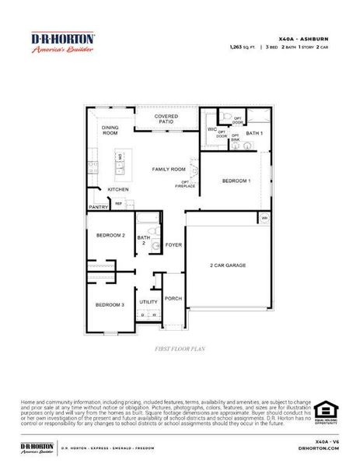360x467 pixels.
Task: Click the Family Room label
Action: click(169, 169)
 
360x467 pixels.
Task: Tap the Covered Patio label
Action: click(166, 119)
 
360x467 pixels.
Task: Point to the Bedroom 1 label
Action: click(236, 181)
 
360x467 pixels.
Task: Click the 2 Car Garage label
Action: click(228, 265)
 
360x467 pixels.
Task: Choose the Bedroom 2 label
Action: click(110, 235)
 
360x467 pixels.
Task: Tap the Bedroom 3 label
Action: click(110, 304)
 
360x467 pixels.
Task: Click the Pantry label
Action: click(98, 207)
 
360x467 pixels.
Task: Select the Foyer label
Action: click(173, 245)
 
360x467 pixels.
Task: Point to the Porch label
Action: click(173, 298)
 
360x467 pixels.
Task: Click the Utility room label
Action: click(149, 302)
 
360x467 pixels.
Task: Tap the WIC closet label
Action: click(211, 129)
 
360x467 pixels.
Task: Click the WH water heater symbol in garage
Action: click(264, 218)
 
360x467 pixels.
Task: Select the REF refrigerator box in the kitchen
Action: click(119, 205)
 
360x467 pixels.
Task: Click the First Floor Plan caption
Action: click(180, 350)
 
